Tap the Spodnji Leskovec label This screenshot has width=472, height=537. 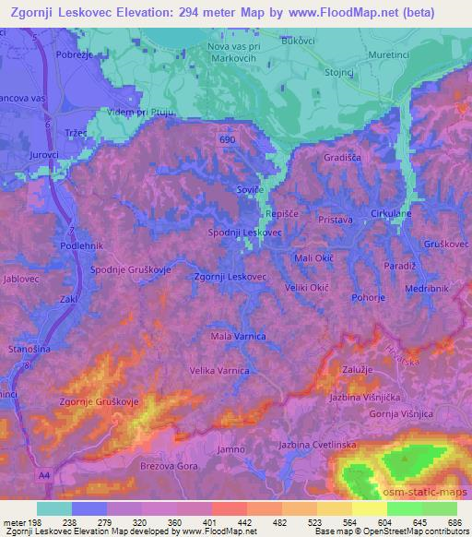(x=245, y=233)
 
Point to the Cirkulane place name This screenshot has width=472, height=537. (x=390, y=214)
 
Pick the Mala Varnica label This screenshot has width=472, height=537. (x=239, y=336)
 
